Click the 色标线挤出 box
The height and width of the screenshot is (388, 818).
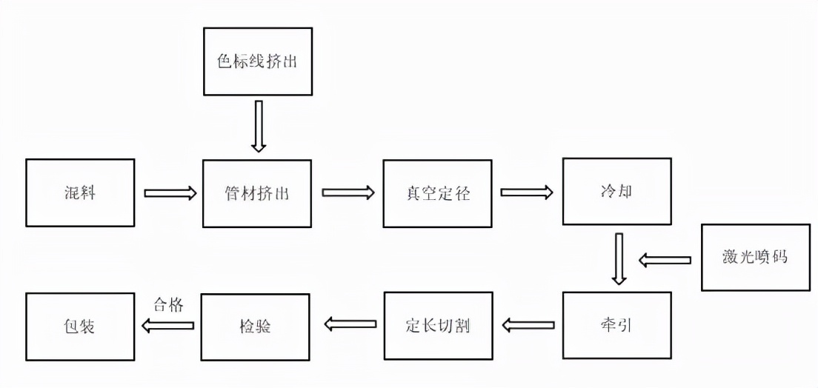257,61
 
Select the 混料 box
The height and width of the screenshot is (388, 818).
80,193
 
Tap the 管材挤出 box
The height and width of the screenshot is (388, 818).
257,193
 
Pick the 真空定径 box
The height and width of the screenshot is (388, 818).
437,193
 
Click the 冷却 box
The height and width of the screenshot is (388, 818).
616,191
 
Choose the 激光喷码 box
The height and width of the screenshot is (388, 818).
755,258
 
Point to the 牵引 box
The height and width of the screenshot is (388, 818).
616,326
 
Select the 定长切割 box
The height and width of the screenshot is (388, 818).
437,326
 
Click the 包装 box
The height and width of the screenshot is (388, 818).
80,326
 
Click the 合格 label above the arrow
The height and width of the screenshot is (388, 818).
167,304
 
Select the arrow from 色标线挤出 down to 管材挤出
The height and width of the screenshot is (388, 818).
258,126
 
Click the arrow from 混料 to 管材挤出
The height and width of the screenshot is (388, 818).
170,193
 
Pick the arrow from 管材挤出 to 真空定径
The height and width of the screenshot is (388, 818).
348,193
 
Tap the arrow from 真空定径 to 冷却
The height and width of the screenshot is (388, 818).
527,193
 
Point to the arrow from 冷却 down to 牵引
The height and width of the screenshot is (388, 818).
618,258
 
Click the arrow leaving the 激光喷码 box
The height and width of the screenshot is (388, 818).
665,260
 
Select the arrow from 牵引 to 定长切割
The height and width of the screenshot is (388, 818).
528,324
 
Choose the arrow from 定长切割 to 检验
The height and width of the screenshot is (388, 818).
349,323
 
